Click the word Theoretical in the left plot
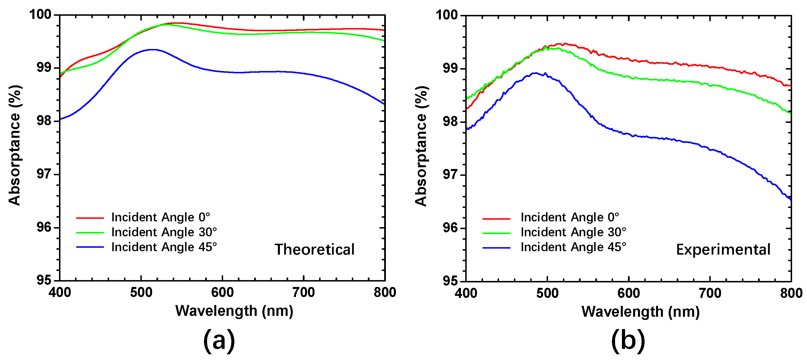pyautogui.click(x=315, y=250)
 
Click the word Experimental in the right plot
pyautogui.click(x=723, y=250)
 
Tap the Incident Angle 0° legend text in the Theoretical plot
pyautogui.click(x=160, y=217)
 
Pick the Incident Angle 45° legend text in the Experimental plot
pyautogui.click(x=573, y=247)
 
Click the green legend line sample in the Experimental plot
pyautogui.click(x=496, y=233)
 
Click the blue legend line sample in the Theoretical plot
pyautogui.click(x=90, y=247)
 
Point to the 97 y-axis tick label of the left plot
pyautogui.click(x=44, y=174)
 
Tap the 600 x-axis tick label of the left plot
pyautogui.click(x=222, y=293)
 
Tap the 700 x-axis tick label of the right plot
pyautogui.click(x=710, y=294)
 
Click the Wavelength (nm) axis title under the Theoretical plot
pyautogui.click(x=234, y=311)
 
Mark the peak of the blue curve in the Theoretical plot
pyautogui.click(x=153, y=50)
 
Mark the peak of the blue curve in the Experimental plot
pyautogui.click(x=536, y=73)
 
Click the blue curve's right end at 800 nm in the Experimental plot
pyautogui.click(x=790, y=199)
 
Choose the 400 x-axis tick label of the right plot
pyautogui.click(x=466, y=294)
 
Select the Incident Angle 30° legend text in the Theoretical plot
pyautogui.click(x=164, y=232)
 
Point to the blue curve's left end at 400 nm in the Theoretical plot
pyautogui.click(x=60, y=119)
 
